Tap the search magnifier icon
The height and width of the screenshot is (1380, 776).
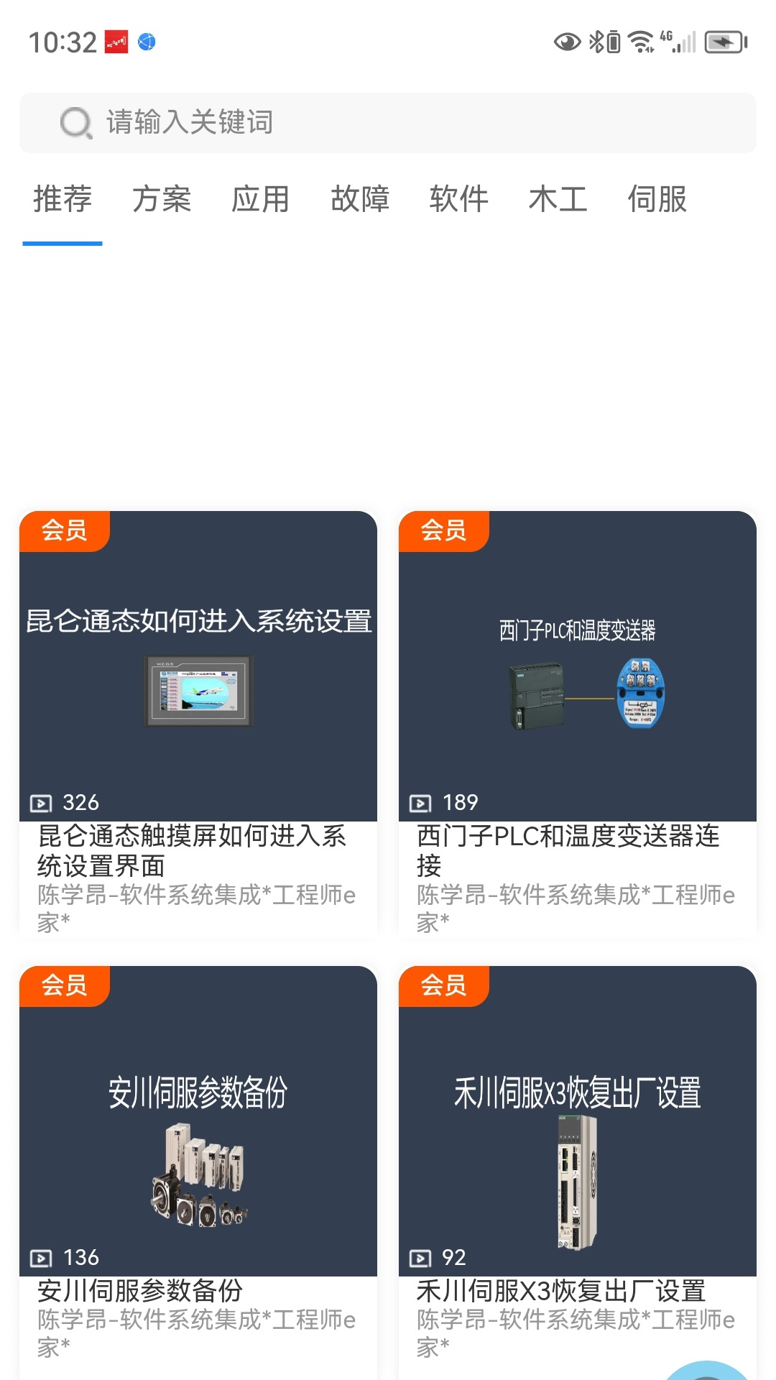(x=76, y=123)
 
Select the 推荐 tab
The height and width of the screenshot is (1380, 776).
(x=63, y=199)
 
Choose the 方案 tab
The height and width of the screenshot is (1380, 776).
(x=162, y=199)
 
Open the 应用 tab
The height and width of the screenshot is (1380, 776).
(x=260, y=199)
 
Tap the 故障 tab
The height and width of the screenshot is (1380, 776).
(x=360, y=199)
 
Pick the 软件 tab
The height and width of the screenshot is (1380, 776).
(x=459, y=199)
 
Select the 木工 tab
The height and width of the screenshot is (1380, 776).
(x=558, y=199)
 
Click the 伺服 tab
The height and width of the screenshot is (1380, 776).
(x=657, y=199)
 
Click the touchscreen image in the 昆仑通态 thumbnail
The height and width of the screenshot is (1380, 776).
(x=198, y=691)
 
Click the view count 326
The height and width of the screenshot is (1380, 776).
(x=80, y=802)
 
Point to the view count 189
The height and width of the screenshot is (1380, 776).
(x=460, y=802)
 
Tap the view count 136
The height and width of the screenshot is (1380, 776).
(x=80, y=1257)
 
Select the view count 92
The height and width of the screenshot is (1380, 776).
(x=454, y=1257)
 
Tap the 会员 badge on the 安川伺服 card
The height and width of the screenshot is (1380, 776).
(x=65, y=985)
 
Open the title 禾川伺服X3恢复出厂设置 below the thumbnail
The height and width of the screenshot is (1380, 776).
(x=560, y=1291)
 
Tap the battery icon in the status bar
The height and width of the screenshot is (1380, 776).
(x=725, y=42)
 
